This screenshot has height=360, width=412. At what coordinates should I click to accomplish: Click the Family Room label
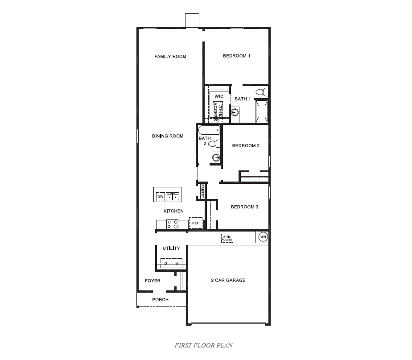(x=170, y=57)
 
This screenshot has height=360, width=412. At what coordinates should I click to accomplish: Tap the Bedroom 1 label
(x=236, y=56)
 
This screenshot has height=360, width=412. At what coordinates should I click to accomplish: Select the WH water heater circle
(x=263, y=236)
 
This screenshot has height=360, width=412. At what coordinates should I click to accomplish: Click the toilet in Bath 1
(x=265, y=92)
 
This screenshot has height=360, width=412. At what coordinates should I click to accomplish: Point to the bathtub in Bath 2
(x=209, y=131)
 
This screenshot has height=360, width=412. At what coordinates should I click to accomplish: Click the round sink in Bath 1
(x=235, y=112)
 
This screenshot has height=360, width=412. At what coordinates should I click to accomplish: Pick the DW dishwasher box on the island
(x=161, y=196)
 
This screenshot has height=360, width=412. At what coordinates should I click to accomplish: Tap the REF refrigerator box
(x=195, y=223)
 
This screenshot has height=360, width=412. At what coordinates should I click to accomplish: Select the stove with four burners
(x=173, y=224)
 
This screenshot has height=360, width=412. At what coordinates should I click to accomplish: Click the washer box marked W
(x=177, y=263)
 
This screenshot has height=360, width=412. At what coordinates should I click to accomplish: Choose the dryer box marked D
(x=165, y=263)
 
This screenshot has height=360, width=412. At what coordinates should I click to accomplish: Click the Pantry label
(x=202, y=191)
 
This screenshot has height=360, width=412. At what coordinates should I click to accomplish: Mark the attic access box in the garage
(x=227, y=238)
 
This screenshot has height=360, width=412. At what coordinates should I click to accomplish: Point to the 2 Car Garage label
(x=228, y=281)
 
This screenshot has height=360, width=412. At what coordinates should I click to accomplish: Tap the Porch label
(x=161, y=300)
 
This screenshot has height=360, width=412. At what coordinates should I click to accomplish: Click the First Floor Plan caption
(x=203, y=345)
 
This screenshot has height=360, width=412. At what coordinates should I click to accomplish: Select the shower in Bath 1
(x=261, y=111)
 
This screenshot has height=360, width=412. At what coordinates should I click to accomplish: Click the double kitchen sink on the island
(x=173, y=196)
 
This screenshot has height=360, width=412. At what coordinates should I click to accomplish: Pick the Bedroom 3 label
(x=244, y=207)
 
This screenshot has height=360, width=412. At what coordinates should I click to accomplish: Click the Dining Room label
(x=168, y=136)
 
